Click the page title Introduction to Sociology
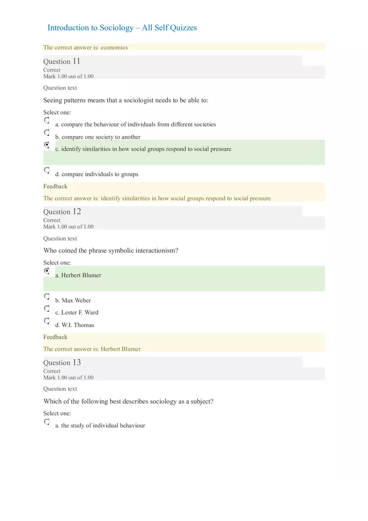pyautogui.click(x=122, y=28)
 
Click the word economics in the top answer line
pyautogui.click(x=114, y=48)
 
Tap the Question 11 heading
pyautogui.click(x=62, y=61)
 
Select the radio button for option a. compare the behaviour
pyautogui.click(x=47, y=120)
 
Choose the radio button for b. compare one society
pyautogui.click(x=47, y=133)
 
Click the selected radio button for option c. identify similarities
pyautogui.click(x=47, y=145)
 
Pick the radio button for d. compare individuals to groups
pyautogui.click(x=47, y=170)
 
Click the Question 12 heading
pyautogui.click(x=62, y=212)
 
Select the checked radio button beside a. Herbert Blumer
pyautogui.click(x=47, y=271)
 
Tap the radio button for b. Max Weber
pyautogui.click(x=47, y=296)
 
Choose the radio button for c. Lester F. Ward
pyautogui.click(x=47, y=308)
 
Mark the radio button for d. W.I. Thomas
pyautogui.click(x=47, y=321)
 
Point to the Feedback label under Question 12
pyautogui.click(x=55, y=337)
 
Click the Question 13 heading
pyautogui.click(x=62, y=363)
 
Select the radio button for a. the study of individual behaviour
pyautogui.click(x=47, y=422)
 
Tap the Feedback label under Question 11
pyautogui.click(x=55, y=186)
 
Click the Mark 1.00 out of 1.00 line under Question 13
pyautogui.click(x=69, y=378)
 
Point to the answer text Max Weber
pyautogui.click(x=76, y=300)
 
